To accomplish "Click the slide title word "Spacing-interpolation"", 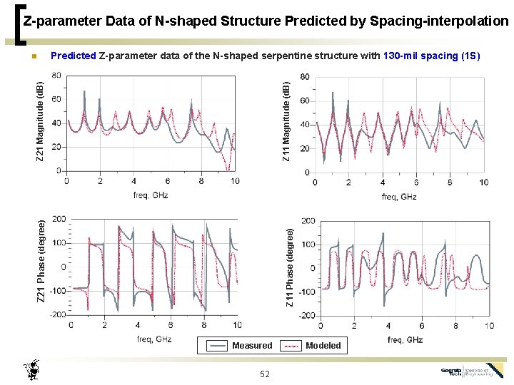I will click(439, 21).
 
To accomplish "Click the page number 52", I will click(265, 374).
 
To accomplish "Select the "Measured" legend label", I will click(252, 346).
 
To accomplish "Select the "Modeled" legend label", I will click(323, 346).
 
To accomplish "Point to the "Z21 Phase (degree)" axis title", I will click(42, 261).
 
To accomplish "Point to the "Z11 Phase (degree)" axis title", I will click(290, 267).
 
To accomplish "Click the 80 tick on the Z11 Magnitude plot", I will click(304, 77).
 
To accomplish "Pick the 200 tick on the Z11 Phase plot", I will click(307, 221).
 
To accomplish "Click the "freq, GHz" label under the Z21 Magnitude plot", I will click(151, 195).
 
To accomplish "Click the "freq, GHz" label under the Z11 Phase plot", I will click(405, 339).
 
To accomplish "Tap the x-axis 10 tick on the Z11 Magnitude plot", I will click(483, 183).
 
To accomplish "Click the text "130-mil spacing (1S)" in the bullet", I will click(432, 56).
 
